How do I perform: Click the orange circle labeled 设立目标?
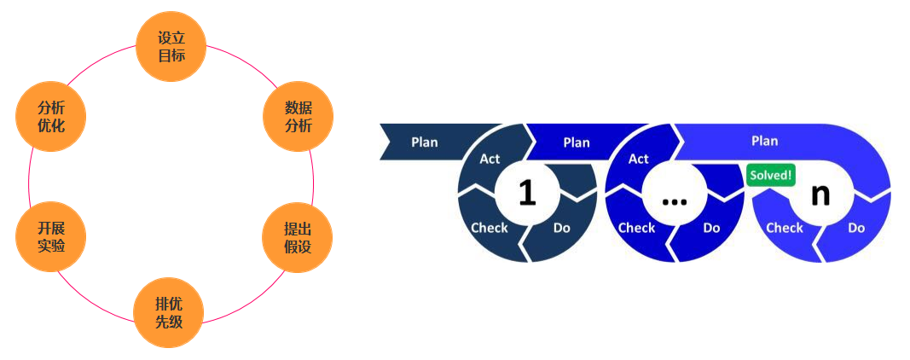(171, 47)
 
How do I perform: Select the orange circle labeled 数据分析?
(298, 117)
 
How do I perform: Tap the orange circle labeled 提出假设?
(298, 238)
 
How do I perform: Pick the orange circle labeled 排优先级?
(168, 312)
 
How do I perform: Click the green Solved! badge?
(771, 176)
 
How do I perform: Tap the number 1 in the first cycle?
(527, 194)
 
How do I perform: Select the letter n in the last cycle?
(820, 194)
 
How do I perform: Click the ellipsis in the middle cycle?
(674, 199)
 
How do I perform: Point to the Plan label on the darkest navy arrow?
(425, 142)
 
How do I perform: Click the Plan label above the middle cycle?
(577, 142)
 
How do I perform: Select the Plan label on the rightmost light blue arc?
(764, 141)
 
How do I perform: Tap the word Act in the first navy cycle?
(490, 159)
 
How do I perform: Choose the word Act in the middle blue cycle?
(639, 159)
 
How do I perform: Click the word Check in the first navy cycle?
(490, 228)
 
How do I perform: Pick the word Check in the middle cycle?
(636, 228)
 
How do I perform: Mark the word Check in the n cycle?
(785, 228)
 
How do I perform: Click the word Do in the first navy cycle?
(562, 228)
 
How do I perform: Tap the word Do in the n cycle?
(856, 228)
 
